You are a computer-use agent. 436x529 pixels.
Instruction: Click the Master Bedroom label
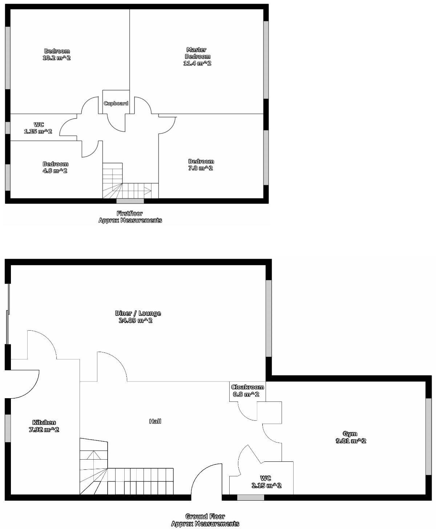click(x=197, y=53)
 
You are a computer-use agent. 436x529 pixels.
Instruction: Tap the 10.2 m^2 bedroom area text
click(x=56, y=58)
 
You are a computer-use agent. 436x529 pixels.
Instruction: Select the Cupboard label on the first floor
click(x=116, y=103)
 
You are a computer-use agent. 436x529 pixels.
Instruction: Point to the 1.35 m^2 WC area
click(x=38, y=132)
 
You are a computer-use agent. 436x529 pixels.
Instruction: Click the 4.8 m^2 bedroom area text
click(x=55, y=171)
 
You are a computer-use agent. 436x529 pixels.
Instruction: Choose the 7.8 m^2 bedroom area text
click(x=201, y=168)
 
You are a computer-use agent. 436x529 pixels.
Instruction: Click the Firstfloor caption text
click(x=130, y=213)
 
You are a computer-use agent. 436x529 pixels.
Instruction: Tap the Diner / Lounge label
click(x=138, y=313)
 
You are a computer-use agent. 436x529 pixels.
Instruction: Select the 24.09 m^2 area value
click(x=135, y=320)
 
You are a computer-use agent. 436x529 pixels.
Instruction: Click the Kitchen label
click(x=44, y=422)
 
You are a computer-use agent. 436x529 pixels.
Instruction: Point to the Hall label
click(x=155, y=421)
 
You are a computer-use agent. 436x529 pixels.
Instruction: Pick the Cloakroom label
click(x=247, y=387)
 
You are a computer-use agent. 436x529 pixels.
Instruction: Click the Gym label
click(x=350, y=433)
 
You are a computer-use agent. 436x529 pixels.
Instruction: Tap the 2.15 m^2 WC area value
click(x=266, y=485)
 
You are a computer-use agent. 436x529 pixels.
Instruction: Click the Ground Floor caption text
click(x=205, y=516)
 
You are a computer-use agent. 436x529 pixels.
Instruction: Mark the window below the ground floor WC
click(x=250, y=497)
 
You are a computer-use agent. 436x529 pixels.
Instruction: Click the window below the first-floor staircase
click(x=130, y=201)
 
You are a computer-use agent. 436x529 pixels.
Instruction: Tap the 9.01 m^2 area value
click(x=351, y=441)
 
